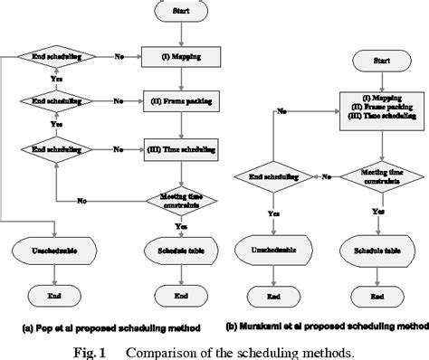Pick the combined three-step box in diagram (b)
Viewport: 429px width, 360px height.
click(374, 108)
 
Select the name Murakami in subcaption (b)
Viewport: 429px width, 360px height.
click(272, 325)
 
